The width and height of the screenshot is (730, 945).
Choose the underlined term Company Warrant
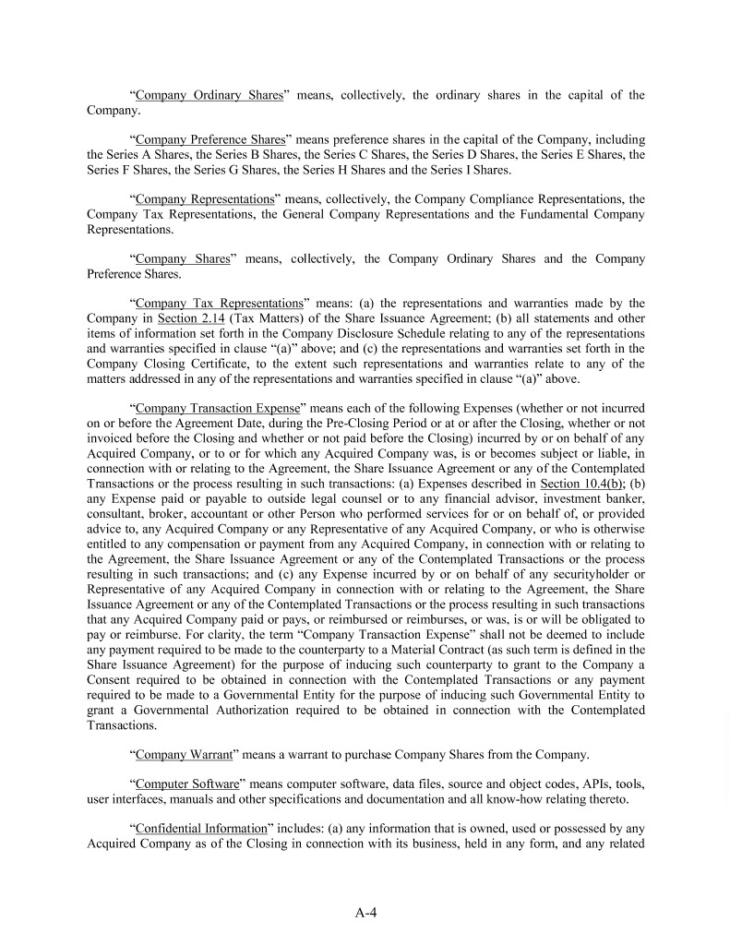pos(184,754)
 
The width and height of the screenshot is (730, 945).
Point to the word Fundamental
pos(551,214)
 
